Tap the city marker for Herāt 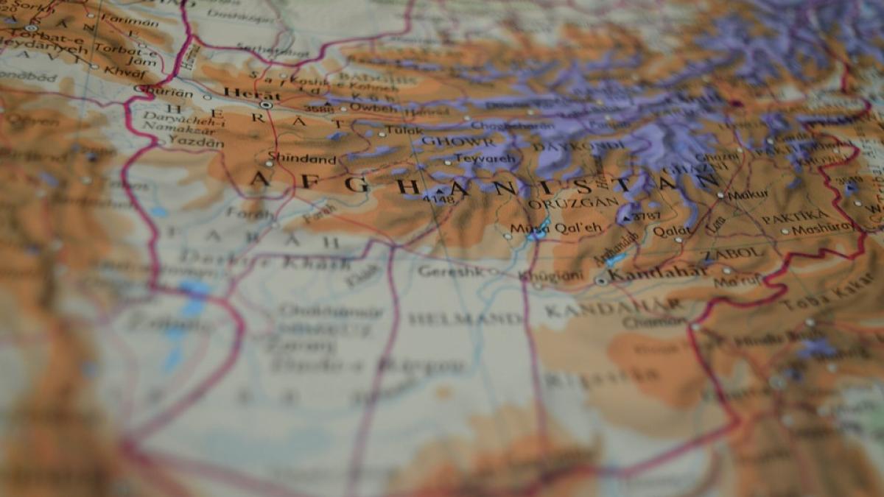point(266,105)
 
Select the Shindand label point(301,158)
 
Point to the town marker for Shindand point(267,163)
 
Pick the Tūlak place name point(406,131)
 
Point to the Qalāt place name point(672,231)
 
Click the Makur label point(748,194)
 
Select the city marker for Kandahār point(602,281)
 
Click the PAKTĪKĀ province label point(795,217)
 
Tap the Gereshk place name point(447,271)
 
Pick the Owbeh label point(364,107)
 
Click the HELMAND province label point(466,319)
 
